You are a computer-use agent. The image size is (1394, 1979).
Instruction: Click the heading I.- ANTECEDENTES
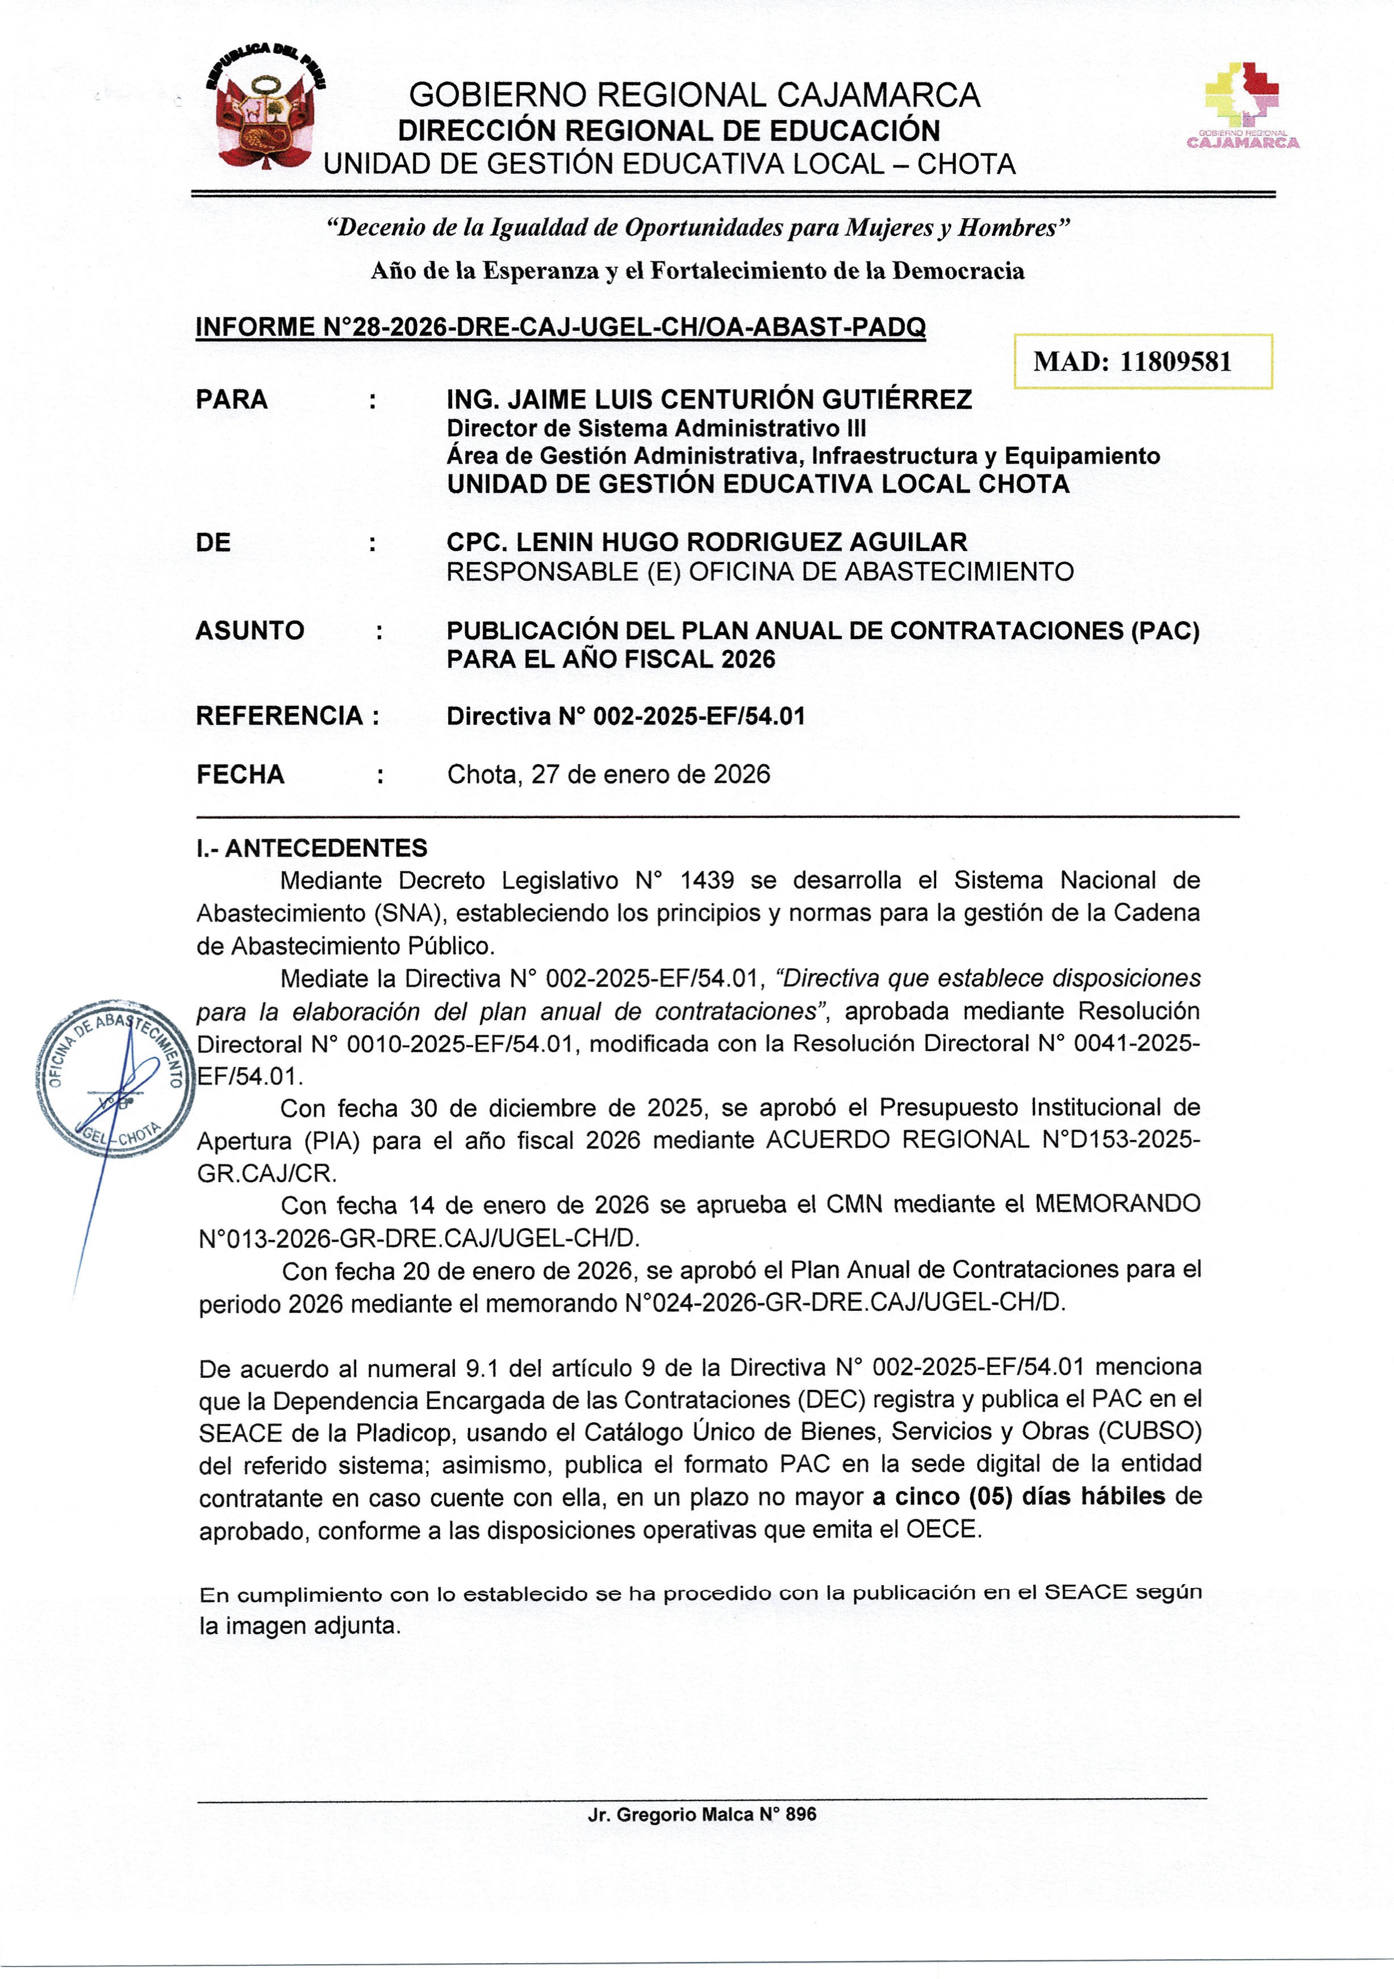(311, 848)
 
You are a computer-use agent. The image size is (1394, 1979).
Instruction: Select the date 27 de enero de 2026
(650, 774)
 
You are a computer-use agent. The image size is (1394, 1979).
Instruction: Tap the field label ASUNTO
(250, 630)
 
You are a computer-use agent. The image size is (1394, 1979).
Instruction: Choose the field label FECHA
(240, 774)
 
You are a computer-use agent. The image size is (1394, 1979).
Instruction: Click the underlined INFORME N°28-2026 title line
(560, 327)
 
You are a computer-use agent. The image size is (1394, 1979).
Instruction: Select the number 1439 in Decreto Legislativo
(707, 880)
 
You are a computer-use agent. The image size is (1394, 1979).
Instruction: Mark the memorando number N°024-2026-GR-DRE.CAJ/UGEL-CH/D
(844, 1302)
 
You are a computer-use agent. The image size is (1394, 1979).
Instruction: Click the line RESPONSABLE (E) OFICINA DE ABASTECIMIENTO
(760, 572)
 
